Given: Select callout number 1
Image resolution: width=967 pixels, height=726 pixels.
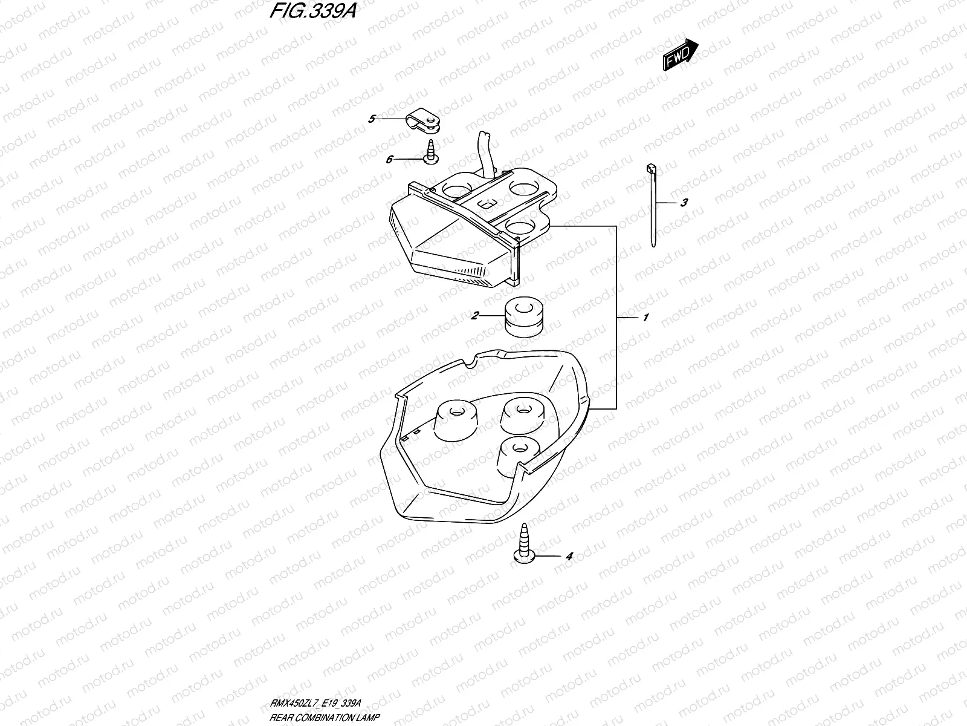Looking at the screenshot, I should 645,317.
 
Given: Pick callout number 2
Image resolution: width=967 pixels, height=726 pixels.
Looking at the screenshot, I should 475,315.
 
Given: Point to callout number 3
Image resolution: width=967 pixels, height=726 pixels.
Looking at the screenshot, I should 684,203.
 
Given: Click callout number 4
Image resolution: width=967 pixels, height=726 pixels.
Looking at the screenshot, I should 568,555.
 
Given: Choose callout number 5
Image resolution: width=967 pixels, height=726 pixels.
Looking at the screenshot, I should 372,119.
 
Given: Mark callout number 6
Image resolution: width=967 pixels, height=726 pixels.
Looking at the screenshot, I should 390,159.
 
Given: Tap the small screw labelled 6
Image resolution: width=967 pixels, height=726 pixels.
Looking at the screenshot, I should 431,151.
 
